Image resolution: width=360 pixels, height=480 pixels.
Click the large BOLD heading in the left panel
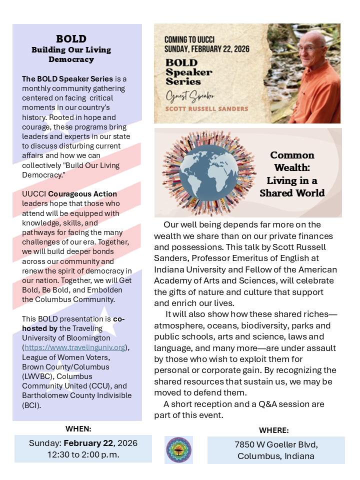(71, 39)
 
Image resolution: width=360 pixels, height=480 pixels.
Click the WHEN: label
(78, 428)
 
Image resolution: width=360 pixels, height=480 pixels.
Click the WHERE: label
(273, 430)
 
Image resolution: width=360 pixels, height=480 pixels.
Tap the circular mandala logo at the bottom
(178, 449)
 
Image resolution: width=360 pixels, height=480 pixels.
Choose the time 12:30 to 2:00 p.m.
(83, 454)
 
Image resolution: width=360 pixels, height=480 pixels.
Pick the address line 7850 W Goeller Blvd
(276, 444)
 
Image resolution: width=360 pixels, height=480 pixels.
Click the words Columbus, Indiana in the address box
(276, 456)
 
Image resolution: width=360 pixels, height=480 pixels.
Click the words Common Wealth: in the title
(292, 161)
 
